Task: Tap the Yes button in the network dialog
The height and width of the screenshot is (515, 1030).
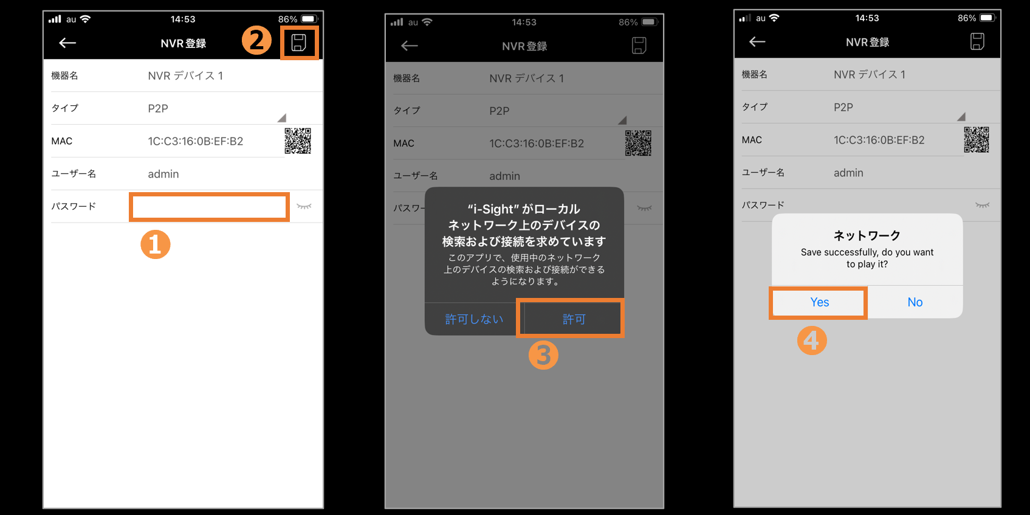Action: [x=819, y=302]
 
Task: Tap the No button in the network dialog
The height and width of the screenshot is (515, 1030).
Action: [x=915, y=302]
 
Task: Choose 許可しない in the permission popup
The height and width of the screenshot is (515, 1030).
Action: [x=473, y=319]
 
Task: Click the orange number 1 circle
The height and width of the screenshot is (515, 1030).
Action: [x=156, y=244]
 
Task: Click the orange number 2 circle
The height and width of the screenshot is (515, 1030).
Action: [x=256, y=40]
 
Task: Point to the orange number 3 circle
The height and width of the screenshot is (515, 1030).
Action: [x=543, y=355]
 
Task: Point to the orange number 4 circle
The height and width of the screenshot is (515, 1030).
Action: [x=812, y=340]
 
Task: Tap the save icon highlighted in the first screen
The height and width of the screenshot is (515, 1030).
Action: [x=299, y=43]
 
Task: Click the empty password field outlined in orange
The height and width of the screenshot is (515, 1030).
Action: [x=209, y=207]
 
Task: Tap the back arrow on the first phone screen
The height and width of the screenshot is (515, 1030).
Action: [x=67, y=43]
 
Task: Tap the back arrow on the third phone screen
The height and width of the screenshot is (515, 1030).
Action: [x=757, y=42]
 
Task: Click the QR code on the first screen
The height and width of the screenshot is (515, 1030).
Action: [x=298, y=141]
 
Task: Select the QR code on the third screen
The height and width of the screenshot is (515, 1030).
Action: [x=976, y=139]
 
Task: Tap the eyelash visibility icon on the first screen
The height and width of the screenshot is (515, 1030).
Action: [x=304, y=206]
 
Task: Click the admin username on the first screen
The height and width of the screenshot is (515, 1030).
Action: [x=163, y=174]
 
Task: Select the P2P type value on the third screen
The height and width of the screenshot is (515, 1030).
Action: [x=843, y=107]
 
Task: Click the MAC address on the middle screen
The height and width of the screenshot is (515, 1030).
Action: [x=536, y=143]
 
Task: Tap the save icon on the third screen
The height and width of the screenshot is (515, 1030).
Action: [x=977, y=41]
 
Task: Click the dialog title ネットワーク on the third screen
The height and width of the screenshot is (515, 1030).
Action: [x=867, y=236]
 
